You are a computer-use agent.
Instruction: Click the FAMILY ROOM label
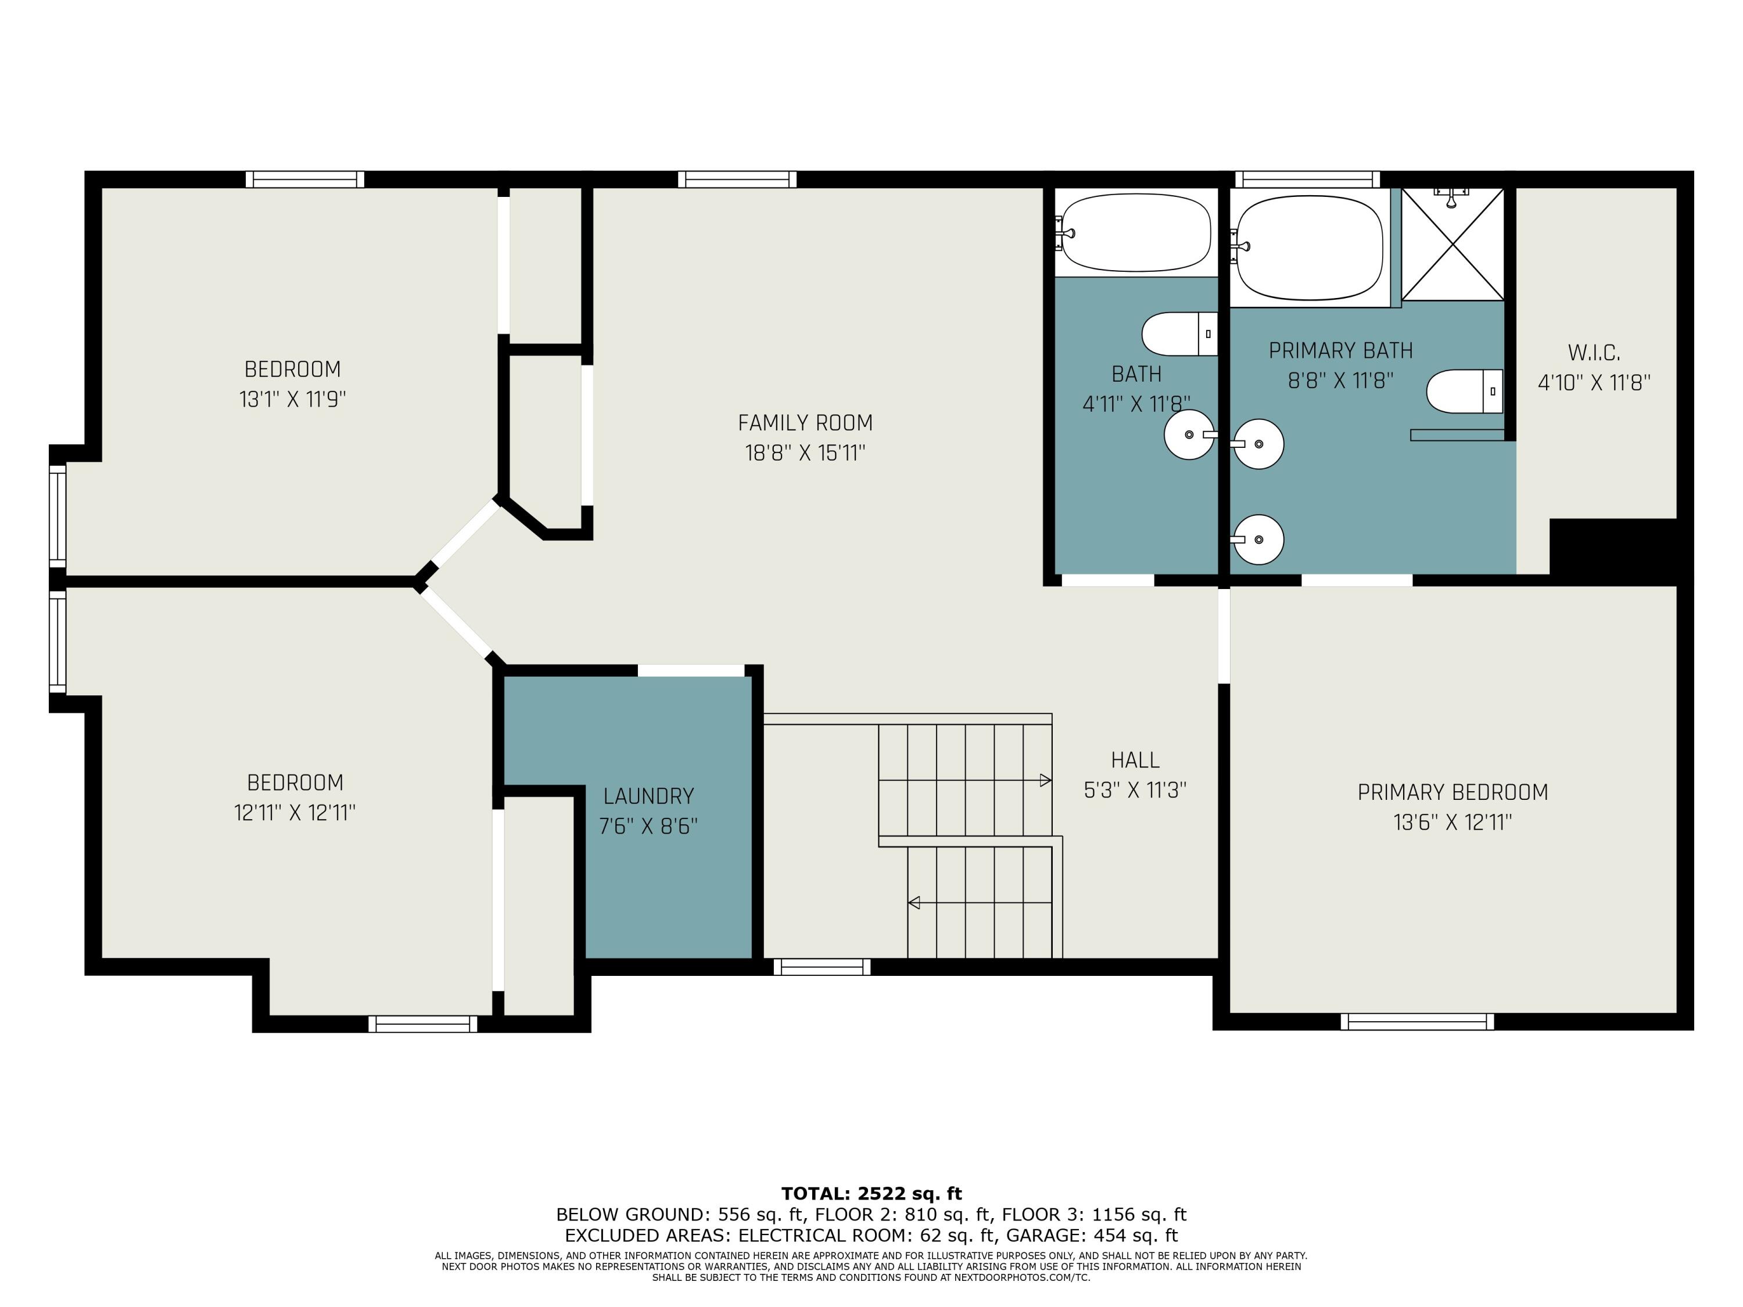[805, 423]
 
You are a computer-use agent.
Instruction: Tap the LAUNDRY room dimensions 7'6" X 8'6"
[648, 827]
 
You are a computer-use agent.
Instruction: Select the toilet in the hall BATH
[1179, 333]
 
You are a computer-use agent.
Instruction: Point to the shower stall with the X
[1452, 244]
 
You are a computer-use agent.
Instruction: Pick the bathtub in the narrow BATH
[1136, 232]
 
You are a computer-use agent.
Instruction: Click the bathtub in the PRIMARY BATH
[1310, 247]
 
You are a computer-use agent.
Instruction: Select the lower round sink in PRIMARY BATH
[1258, 540]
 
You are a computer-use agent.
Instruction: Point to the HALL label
[1135, 760]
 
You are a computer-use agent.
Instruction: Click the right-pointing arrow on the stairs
[1045, 780]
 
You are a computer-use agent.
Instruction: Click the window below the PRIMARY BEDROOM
[1417, 1022]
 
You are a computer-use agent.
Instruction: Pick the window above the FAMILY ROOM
[737, 179]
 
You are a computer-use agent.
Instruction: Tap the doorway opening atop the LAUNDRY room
[690, 670]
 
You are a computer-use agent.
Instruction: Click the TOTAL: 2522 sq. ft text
[871, 1194]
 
